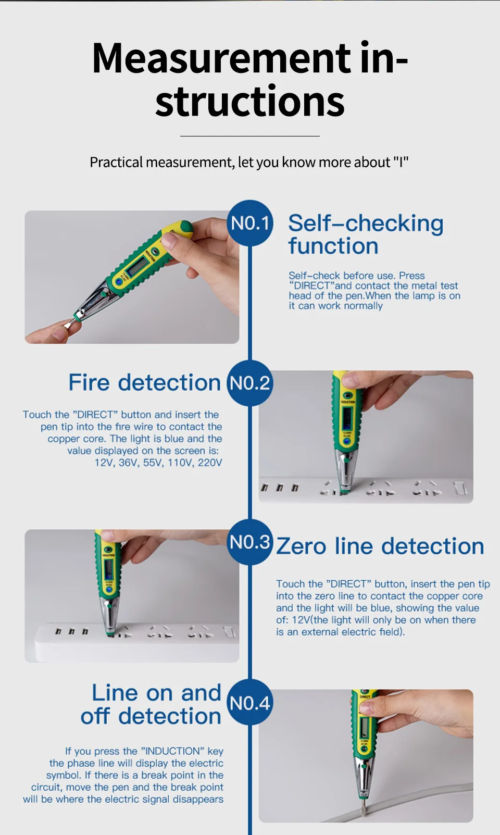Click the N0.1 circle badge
click(250, 223)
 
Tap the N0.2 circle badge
click(250, 383)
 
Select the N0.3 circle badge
click(250, 542)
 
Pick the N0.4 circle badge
click(250, 702)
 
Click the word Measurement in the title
click(221, 58)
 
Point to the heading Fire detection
click(145, 382)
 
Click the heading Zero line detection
click(380, 546)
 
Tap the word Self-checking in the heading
click(366, 223)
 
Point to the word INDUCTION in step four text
click(172, 751)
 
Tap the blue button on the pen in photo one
click(119, 282)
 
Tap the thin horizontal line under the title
click(250, 136)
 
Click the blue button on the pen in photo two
click(347, 441)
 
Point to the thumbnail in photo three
click(108, 535)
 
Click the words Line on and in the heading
click(157, 693)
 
